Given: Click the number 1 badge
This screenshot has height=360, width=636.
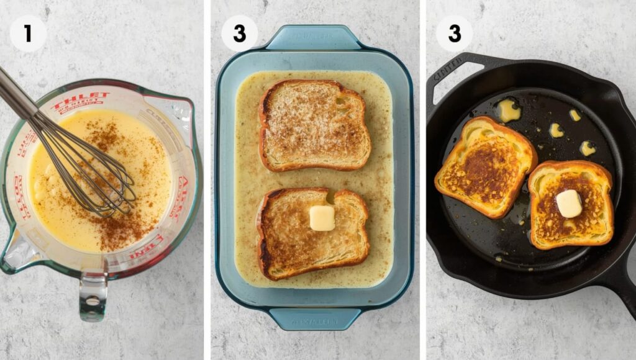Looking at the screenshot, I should point(27,33).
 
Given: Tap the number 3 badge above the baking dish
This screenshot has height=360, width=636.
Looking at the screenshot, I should point(239,33).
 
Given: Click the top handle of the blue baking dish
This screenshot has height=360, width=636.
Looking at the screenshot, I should point(314,38).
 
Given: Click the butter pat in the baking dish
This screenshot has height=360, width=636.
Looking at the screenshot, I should point(322,218).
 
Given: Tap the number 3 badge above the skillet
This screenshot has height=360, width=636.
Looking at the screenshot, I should point(454,33).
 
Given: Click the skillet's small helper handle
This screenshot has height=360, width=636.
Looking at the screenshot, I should point(454,72).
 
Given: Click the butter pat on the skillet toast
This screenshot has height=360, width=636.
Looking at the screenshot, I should point(568,203).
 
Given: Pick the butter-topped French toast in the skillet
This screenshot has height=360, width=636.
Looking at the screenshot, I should point(570,205).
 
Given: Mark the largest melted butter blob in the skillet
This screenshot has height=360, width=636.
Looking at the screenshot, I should point(509,110).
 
